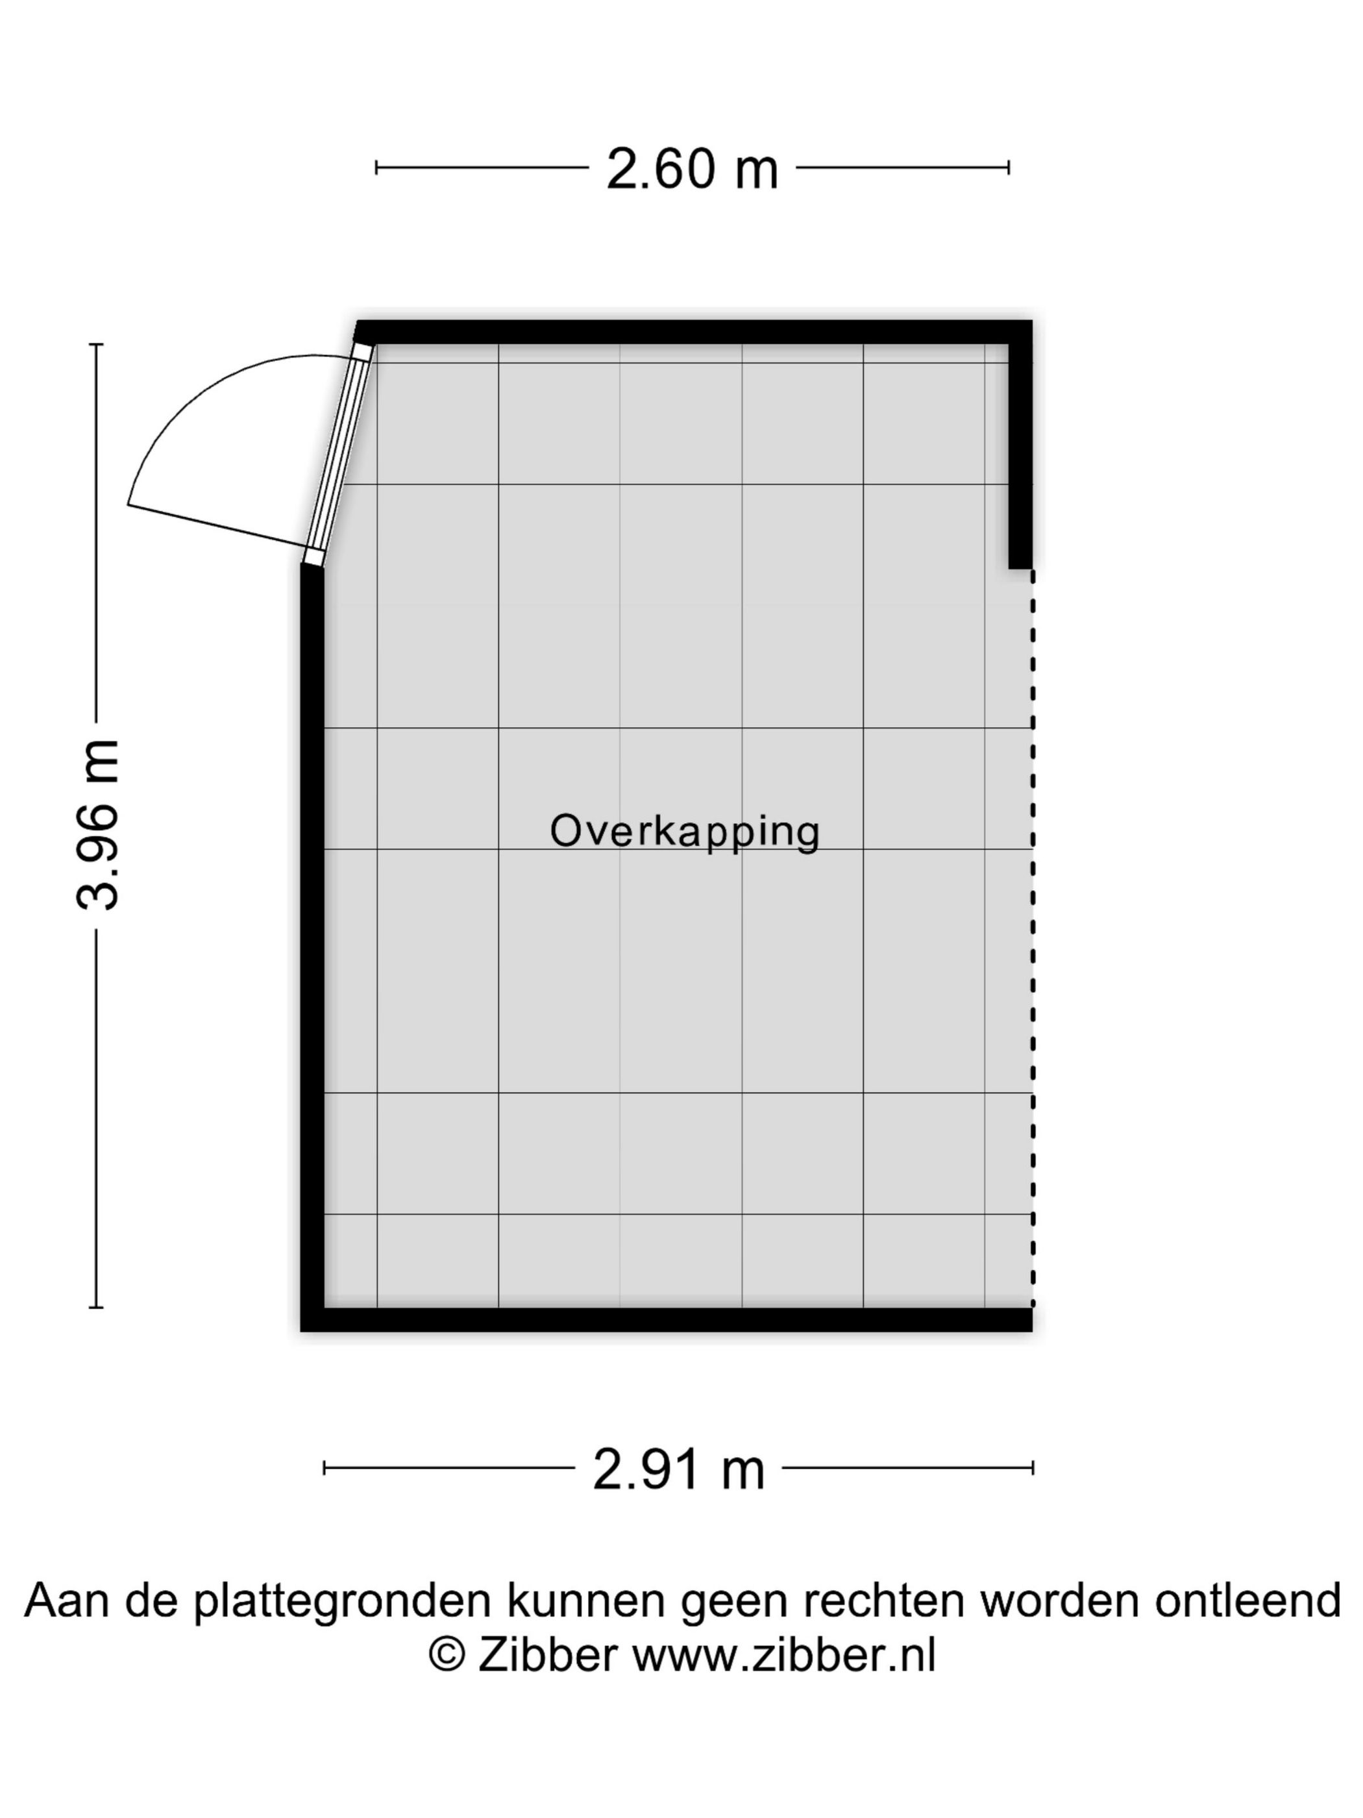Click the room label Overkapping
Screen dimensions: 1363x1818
tap(684, 832)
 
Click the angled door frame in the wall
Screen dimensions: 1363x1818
tap(338, 454)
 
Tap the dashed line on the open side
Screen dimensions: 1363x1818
tap(1033, 938)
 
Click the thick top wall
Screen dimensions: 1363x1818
tap(694, 332)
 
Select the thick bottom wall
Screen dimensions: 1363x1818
tap(667, 1320)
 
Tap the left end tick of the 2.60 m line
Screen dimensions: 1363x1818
tap(376, 168)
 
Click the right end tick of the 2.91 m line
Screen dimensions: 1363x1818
tap(1033, 1468)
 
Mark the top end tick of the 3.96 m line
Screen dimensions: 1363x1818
tap(96, 344)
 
